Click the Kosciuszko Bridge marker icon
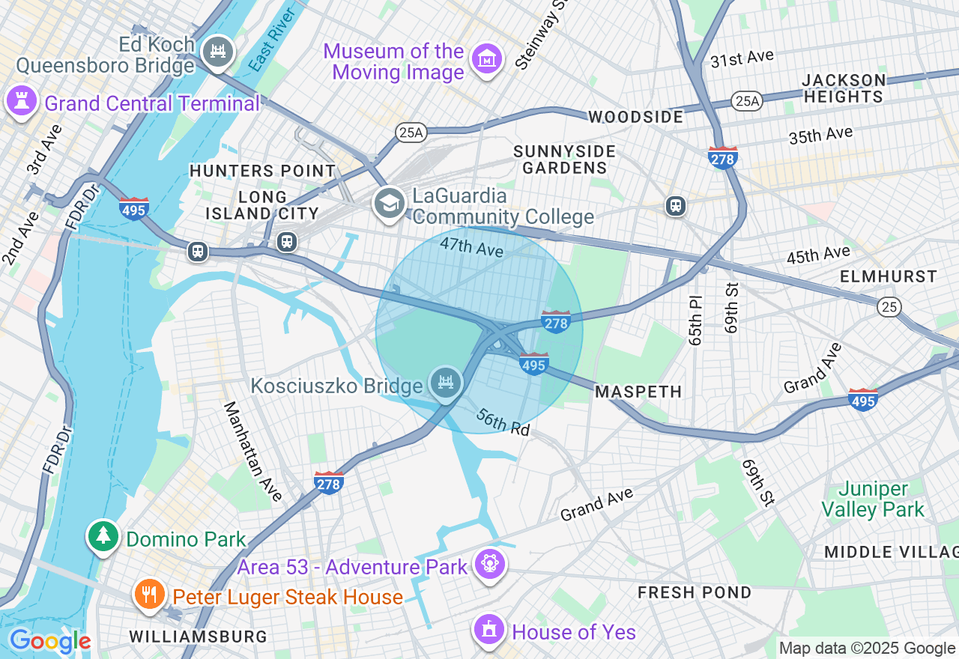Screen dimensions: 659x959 pos(446,383)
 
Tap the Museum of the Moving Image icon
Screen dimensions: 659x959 pos(487,60)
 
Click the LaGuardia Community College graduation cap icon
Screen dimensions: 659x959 pos(390,203)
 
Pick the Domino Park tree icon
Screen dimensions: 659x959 pos(103,536)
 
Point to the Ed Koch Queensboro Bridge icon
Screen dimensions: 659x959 pos(218,52)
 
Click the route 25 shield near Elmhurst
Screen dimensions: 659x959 pos(890,306)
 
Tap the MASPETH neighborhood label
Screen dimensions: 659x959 pos(638,392)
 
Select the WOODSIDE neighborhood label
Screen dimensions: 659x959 pos(635,118)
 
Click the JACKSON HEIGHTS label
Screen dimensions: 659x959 pos(844,88)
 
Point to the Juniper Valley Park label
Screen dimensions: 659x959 pos(872,499)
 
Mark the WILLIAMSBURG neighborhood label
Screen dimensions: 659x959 pos(198,637)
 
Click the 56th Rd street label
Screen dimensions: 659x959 pos(503,423)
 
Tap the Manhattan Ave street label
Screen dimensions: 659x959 pos(252,452)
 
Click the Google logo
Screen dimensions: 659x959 pos(49,641)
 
